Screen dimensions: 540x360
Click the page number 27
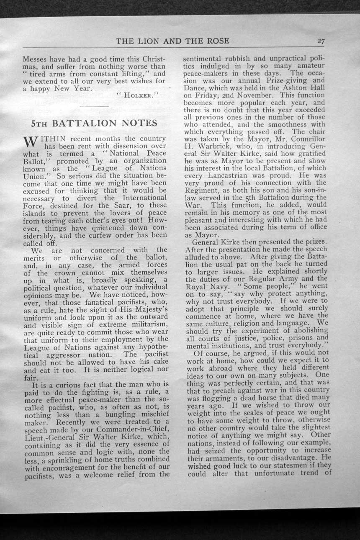point(321,41)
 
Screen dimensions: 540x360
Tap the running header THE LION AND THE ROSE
point(172,41)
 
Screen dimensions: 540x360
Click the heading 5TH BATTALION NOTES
point(94,123)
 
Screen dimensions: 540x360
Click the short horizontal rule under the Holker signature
point(94,107)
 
